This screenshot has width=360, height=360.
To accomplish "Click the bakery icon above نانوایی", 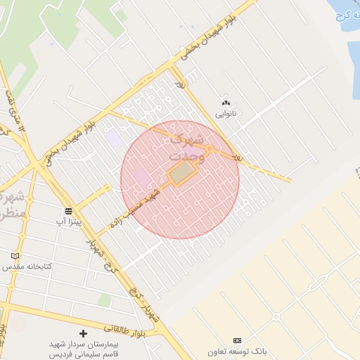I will pos(226,103).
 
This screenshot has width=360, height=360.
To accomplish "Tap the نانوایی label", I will pos(226,112).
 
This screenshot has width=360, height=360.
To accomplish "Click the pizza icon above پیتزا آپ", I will pos(68,211).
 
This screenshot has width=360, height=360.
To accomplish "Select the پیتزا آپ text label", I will pos(69,221).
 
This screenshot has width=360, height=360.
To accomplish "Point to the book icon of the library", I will pos(15,256).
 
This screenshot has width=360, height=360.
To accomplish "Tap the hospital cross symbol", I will pos(83,333).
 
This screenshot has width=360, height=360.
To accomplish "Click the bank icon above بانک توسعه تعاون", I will pos(236,340).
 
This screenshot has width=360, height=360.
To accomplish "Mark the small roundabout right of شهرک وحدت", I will pos(210,149).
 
